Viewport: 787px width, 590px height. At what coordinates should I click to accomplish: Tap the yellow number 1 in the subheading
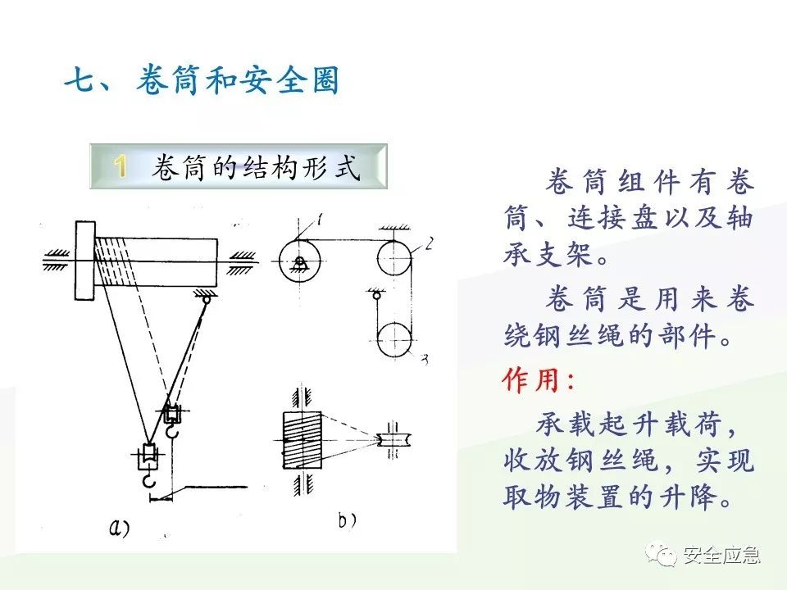[121, 167]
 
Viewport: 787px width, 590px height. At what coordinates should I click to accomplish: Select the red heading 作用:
[539, 380]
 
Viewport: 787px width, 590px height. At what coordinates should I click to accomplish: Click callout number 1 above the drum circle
[320, 220]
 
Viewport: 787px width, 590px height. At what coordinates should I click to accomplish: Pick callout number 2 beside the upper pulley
[429, 243]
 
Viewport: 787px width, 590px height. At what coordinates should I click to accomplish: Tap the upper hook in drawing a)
[173, 420]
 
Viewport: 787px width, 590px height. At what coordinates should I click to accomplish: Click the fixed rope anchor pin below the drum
[205, 301]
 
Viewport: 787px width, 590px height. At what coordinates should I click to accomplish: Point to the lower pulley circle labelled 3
[394, 338]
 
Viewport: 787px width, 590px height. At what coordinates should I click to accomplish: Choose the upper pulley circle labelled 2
[393, 259]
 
